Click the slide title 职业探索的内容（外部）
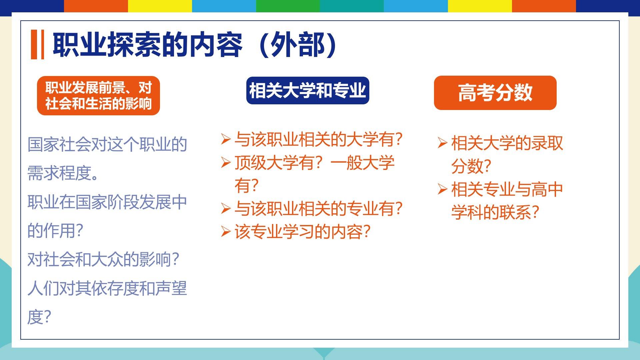pyautogui.click(x=195, y=45)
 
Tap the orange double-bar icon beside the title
pyautogui.click(x=37, y=45)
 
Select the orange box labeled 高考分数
pyautogui.click(x=495, y=93)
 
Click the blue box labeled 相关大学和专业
pyautogui.click(x=308, y=91)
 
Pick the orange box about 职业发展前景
pyautogui.click(x=98, y=96)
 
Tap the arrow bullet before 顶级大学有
pyautogui.click(x=226, y=163)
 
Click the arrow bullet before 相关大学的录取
pyautogui.click(x=442, y=143)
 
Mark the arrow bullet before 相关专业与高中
pyautogui.click(x=442, y=189)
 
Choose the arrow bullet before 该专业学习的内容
pyautogui.click(x=226, y=232)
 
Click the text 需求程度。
pyautogui.click(x=63, y=173)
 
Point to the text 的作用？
pyautogui.click(x=55, y=231)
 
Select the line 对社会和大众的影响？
pyautogui.click(x=104, y=260)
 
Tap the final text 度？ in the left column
pyautogui.click(x=39, y=317)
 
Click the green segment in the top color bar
pyautogui.click(x=288, y=6)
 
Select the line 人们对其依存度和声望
pyautogui.click(x=107, y=288)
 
